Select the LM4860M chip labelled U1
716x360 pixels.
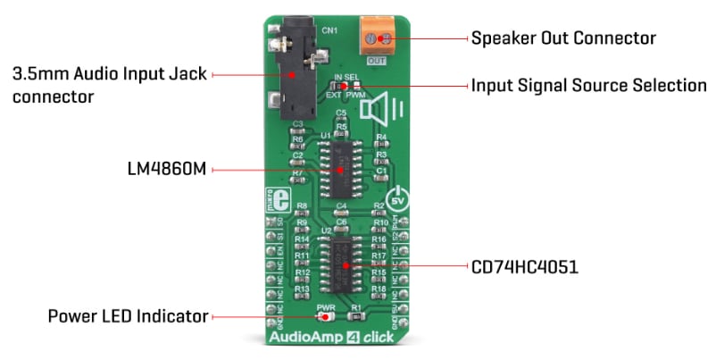340,166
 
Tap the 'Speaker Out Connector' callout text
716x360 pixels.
563,38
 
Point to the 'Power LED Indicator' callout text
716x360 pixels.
128,316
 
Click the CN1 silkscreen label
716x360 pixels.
330,31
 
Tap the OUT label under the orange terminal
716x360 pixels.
375,61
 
